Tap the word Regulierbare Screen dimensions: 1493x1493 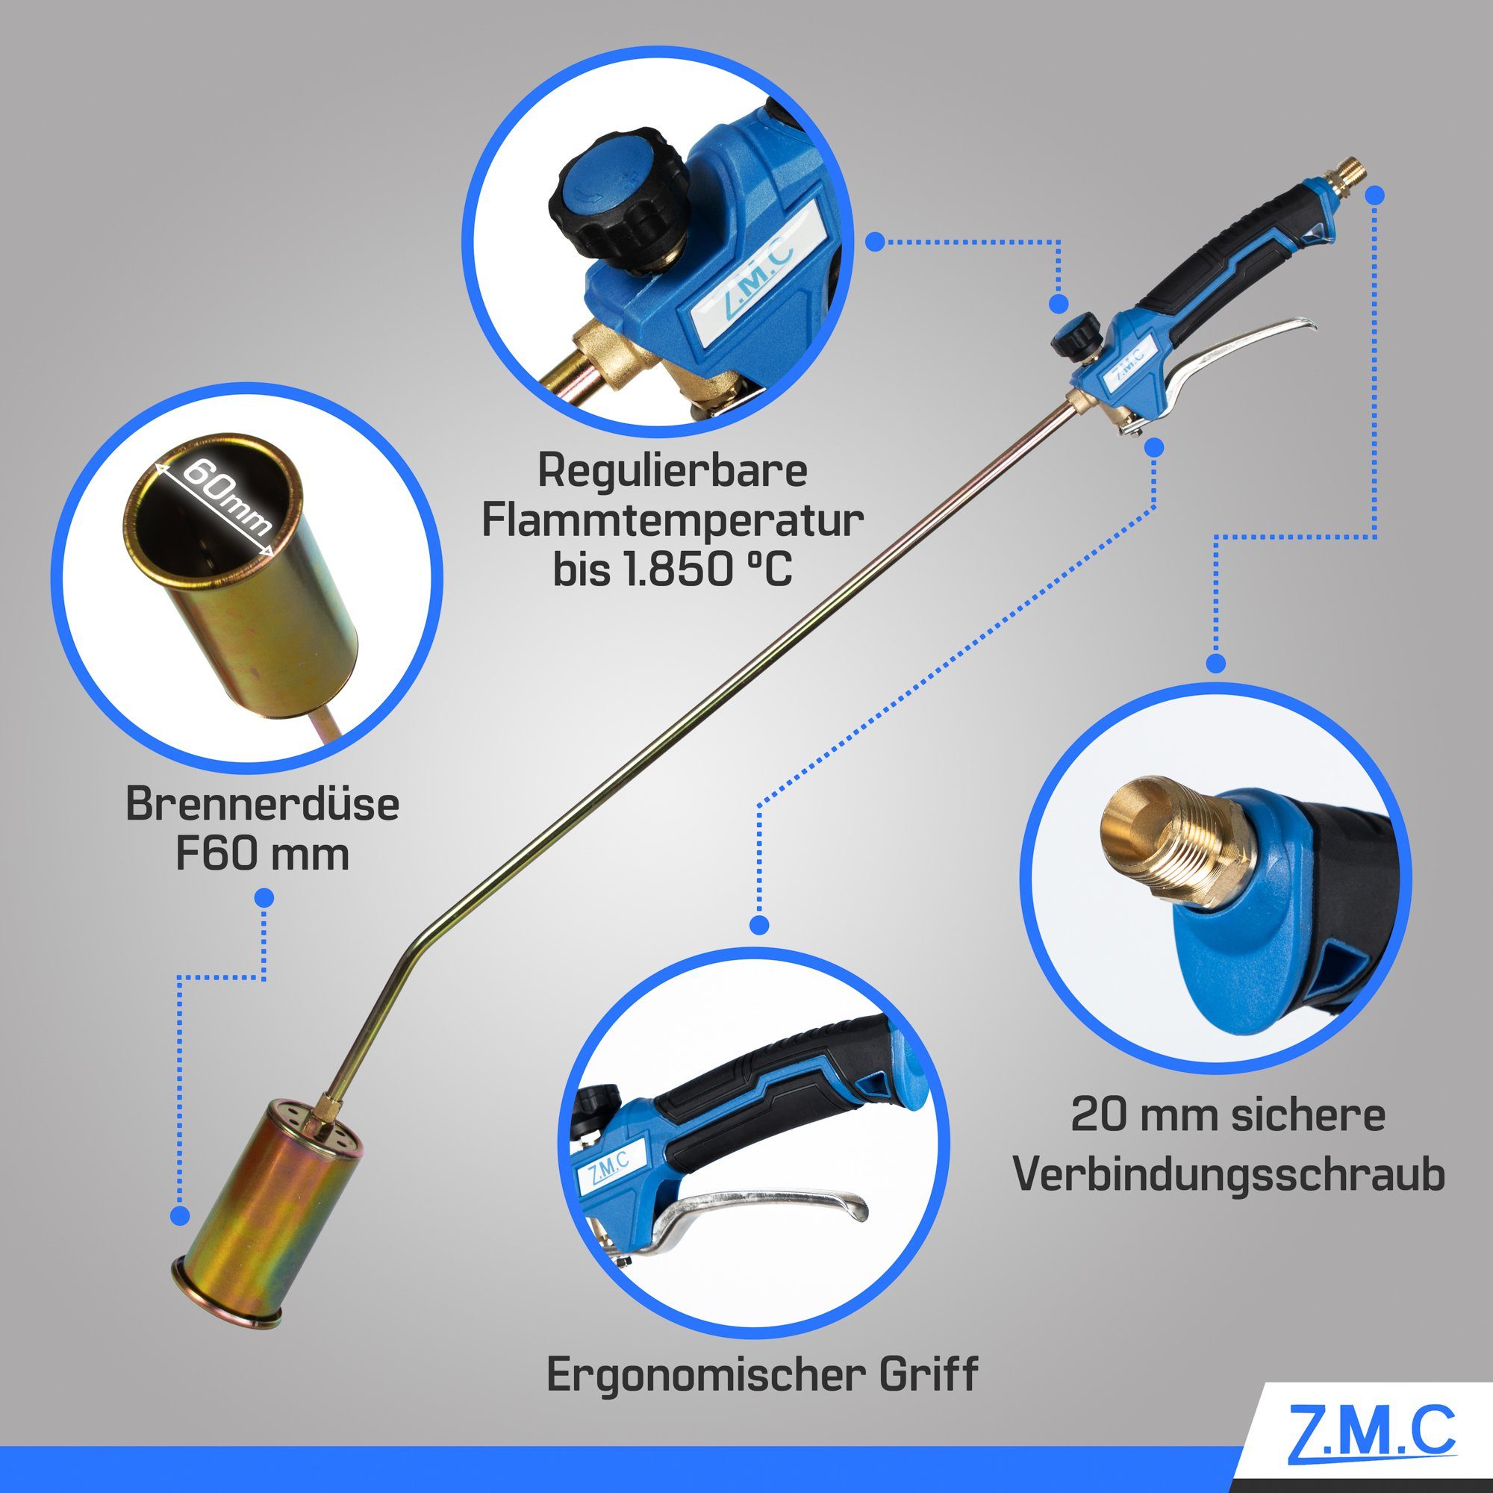pyautogui.click(x=673, y=470)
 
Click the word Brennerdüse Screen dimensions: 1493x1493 pyautogui.click(x=263, y=805)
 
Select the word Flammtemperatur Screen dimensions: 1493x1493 pyautogui.click(x=673, y=521)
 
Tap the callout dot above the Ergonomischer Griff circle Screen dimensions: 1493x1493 pyautogui.click(x=760, y=925)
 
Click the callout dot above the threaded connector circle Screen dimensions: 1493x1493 pyautogui.click(x=1216, y=663)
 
